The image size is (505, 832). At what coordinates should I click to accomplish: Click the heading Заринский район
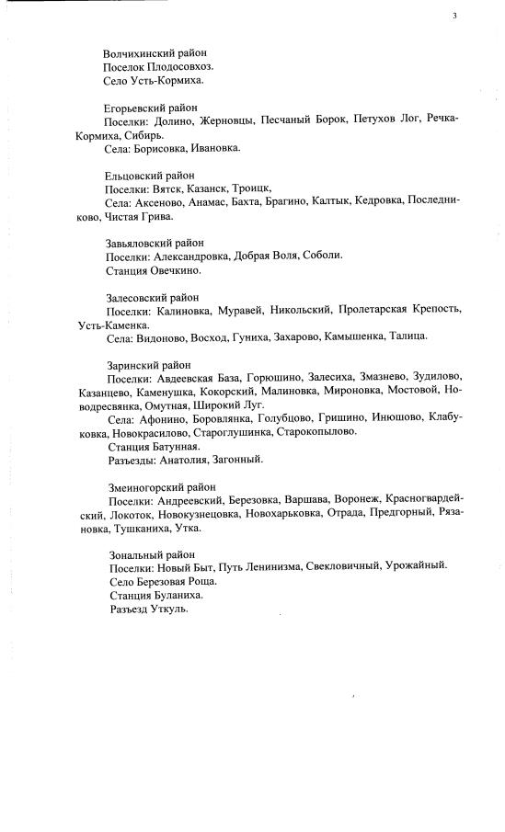pyautogui.click(x=144, y=364)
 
